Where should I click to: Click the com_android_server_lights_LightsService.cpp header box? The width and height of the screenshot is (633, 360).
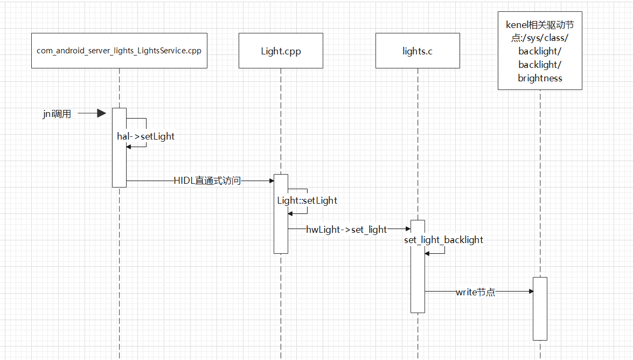point(119,51)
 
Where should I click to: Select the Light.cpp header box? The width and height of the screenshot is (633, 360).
point(281,51)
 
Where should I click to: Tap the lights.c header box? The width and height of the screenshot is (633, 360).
point(418,51)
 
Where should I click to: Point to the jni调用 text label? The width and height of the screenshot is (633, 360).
point(57,114)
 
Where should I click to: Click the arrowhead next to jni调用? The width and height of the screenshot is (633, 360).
point(101,113)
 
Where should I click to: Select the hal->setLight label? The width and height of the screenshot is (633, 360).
point(146,136)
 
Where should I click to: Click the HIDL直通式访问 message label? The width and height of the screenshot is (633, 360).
point(207,181)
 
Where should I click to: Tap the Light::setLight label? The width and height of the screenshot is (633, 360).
point(307,200)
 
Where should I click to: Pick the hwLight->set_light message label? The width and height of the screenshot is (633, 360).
point(346,229)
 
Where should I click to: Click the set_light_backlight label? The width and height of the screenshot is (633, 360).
point(443,239)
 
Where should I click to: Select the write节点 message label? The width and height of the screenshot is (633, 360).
point(475,292)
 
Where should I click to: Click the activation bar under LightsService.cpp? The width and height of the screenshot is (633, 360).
point(119,162)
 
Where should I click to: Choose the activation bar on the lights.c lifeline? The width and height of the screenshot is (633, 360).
point(418,280)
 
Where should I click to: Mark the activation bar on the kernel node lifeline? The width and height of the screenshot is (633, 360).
point(540,318)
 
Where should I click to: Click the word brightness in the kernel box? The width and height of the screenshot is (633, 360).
point(540,78)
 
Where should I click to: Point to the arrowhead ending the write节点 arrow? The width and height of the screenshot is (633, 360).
point(530,292)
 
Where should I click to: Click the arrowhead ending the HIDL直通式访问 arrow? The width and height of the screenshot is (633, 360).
point(271,181)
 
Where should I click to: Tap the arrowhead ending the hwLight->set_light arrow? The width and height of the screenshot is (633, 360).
point(408,229)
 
